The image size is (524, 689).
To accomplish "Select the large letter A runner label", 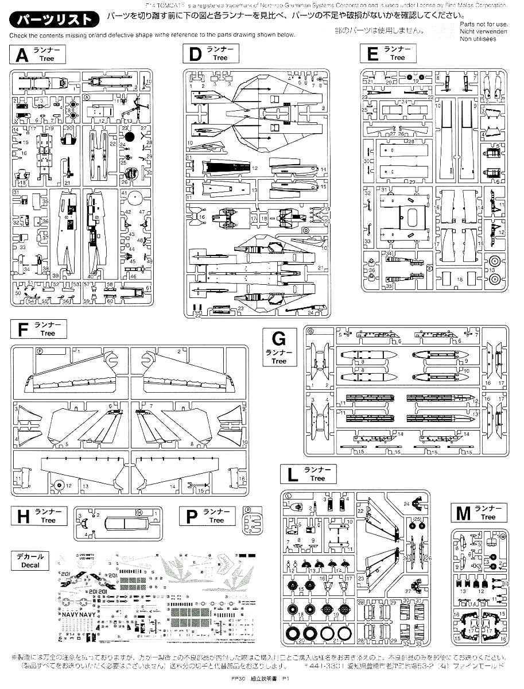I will [22, 55].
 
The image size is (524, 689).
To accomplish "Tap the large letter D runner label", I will [195, 55].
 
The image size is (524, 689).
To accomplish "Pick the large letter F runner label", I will [23, 330].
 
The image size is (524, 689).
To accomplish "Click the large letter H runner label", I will [23, 516].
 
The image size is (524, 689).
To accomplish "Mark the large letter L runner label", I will [293, 474].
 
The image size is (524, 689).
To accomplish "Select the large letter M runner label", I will [463, 513].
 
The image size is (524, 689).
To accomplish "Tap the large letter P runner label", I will [191, 516].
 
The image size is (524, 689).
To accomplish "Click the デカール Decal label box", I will [30, 560].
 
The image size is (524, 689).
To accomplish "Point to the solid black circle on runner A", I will [130, 137].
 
